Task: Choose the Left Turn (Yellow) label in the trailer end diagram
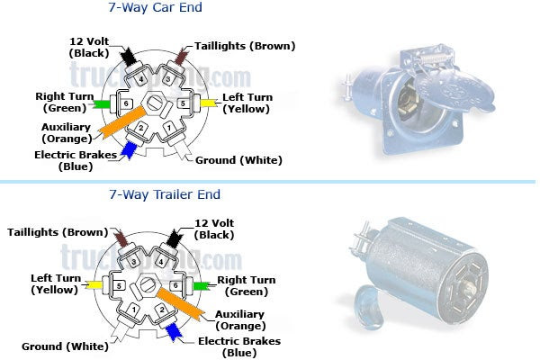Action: pyautogui.click(x=55, y=283)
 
